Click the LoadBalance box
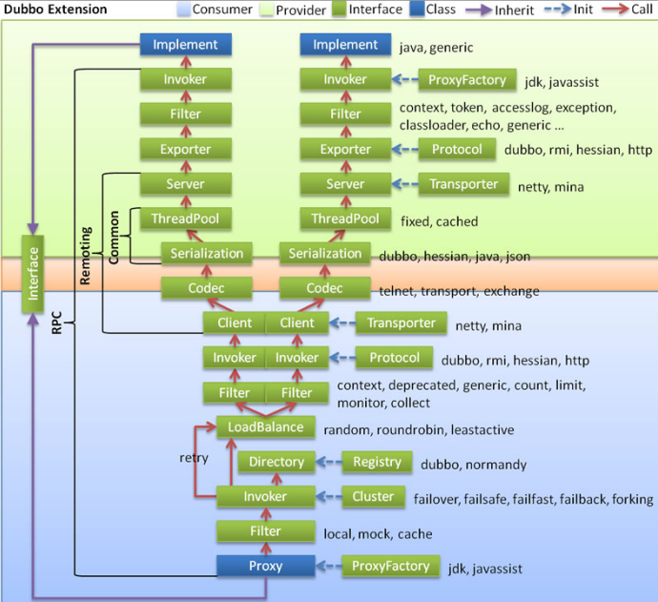click(265, 427)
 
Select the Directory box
click(277, 462)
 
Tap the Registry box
click(377, 462)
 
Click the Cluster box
click(373, 496)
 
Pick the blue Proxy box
click(265, 566)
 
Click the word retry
click(194, 458)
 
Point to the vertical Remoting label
click(87, 255)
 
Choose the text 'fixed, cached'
click(440, 221)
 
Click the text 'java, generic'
click(437, 47)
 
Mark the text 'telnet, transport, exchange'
click(459, 291)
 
